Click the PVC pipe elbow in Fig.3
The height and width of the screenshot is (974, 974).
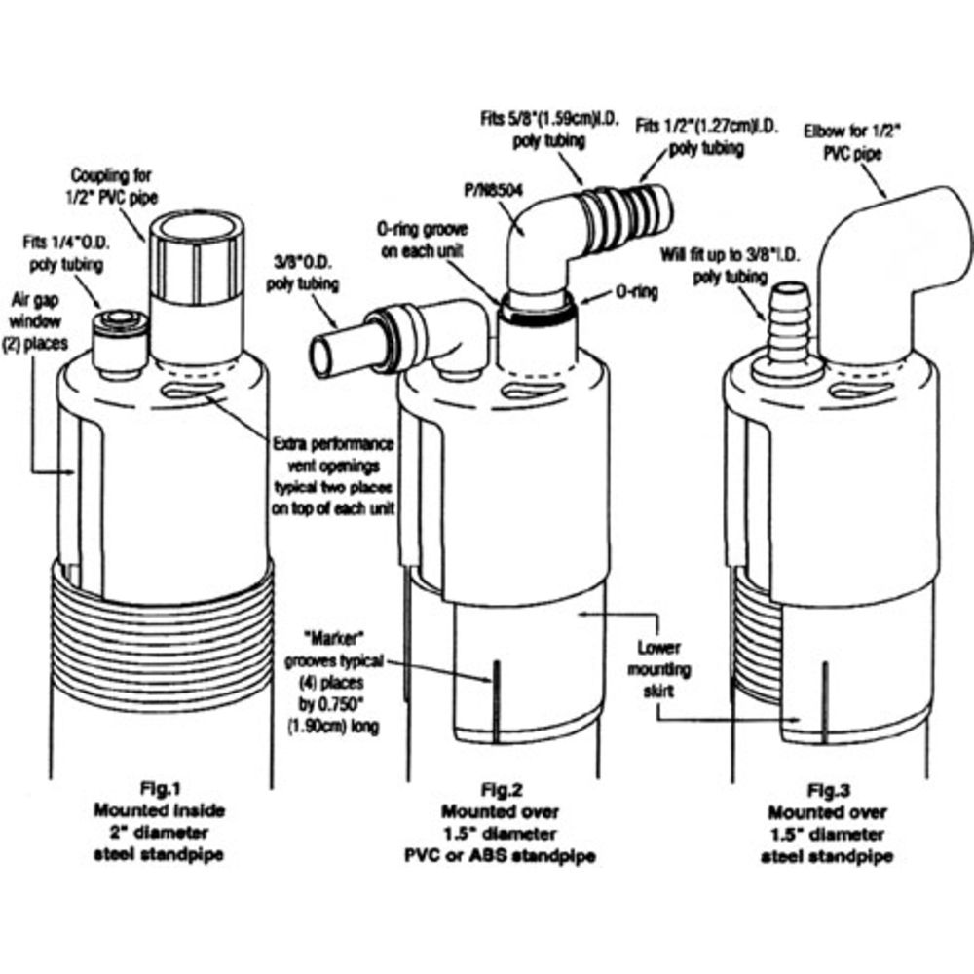(x=881, y=253)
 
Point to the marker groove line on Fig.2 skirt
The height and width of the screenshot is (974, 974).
(x=495, y=673)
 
